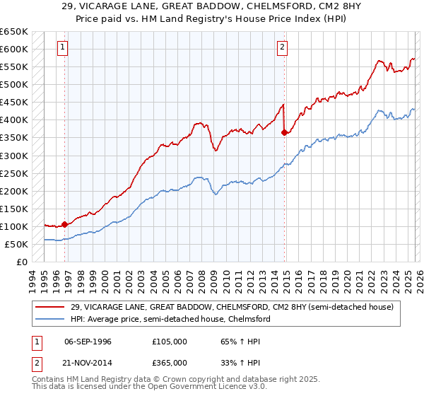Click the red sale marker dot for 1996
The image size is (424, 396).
pyautogui.click(x=65, y=224)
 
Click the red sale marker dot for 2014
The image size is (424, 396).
pyautogui.click(x=284, y=132)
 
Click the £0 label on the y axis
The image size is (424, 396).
pyautogui.click(x=21, y=262)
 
